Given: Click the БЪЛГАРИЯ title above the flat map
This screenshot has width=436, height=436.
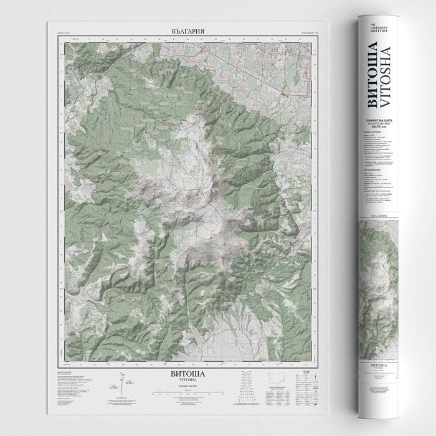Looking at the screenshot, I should [x=187, y=30].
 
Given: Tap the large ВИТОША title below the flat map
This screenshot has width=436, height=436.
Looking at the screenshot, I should [x=187, y=374].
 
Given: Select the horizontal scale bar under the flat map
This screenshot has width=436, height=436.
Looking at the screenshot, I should [x=187, y=394].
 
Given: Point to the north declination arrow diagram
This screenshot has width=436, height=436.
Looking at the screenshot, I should [x=123, y=381].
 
